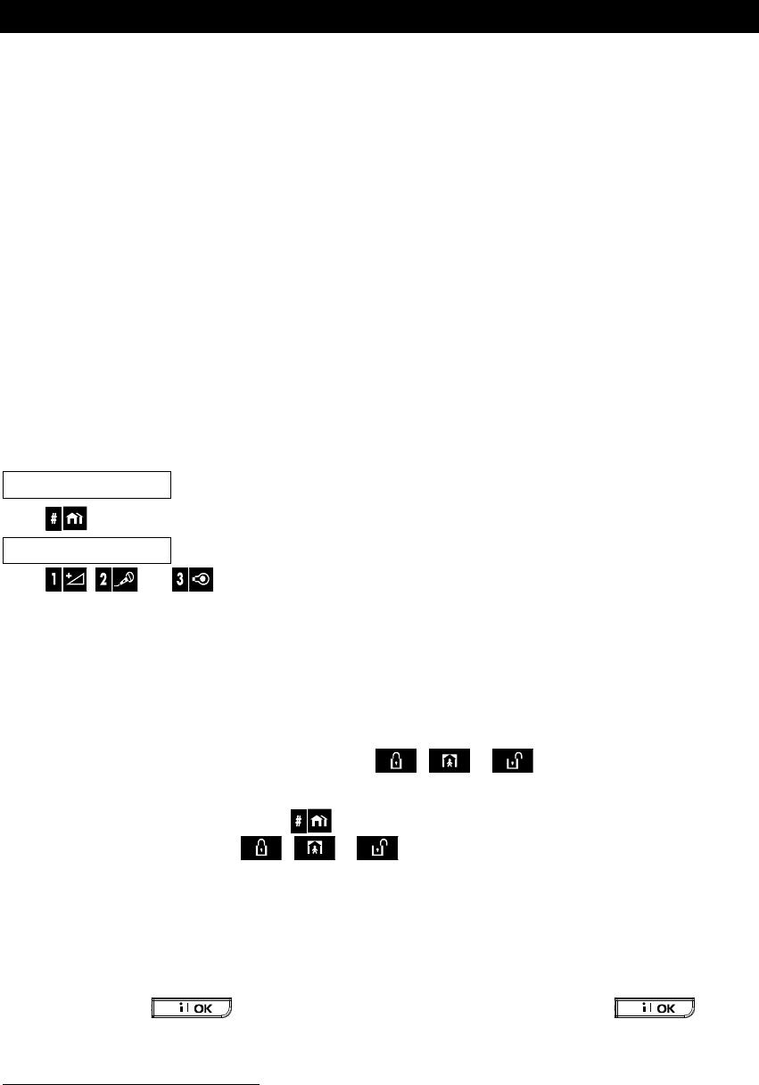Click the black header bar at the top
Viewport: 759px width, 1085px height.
(379, 17)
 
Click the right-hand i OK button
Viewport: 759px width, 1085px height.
(656, 1007)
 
